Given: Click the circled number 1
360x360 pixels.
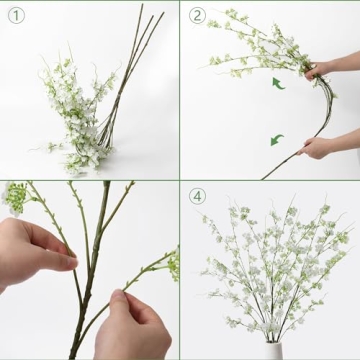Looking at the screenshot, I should pos(14,15).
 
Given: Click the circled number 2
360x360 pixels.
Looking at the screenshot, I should pos(197,15).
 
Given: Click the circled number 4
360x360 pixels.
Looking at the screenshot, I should pos(197,196).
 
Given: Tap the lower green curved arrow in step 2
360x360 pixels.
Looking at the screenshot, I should pos(276,139).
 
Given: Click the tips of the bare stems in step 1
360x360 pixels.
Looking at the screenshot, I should pos(150,14).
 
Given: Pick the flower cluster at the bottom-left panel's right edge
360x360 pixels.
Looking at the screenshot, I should pos(172,264).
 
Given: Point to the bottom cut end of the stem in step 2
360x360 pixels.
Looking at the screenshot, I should pos(264,177).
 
